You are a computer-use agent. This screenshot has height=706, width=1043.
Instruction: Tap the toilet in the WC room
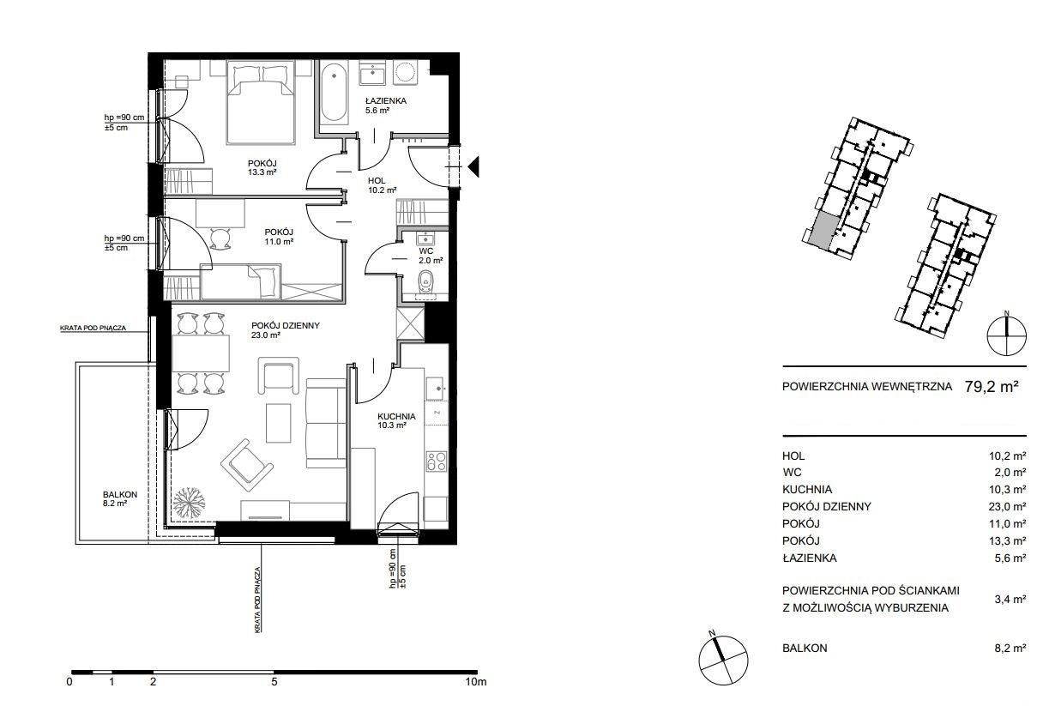(426, 281)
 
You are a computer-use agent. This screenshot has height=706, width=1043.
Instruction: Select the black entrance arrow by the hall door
(473, 166)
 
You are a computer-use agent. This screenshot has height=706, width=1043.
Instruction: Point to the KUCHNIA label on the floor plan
(396, 416)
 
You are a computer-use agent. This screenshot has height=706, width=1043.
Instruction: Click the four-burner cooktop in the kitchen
(437, 462)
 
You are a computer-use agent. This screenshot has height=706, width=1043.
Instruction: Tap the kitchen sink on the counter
(437, 389)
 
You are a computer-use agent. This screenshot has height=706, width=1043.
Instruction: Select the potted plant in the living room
(189, 503)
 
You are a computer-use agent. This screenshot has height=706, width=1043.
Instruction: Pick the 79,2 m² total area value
(992, 387)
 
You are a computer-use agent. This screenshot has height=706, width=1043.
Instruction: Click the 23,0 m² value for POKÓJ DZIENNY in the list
(1008, 507)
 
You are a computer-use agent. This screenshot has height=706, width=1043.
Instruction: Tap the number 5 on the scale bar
(274, 682)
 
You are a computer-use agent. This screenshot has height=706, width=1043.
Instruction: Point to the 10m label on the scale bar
(475, 682)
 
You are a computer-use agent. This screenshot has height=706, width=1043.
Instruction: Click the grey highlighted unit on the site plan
(823, 230)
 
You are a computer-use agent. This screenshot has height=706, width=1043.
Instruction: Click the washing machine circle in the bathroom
(405, 73)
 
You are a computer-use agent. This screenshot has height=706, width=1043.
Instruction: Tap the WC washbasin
(425, 238)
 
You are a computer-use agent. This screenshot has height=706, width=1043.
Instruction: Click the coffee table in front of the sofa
(279, 422)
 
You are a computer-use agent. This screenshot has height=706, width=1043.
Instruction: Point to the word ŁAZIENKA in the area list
(809, 558)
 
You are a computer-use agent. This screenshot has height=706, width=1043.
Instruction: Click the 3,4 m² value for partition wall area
(1010, 600)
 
